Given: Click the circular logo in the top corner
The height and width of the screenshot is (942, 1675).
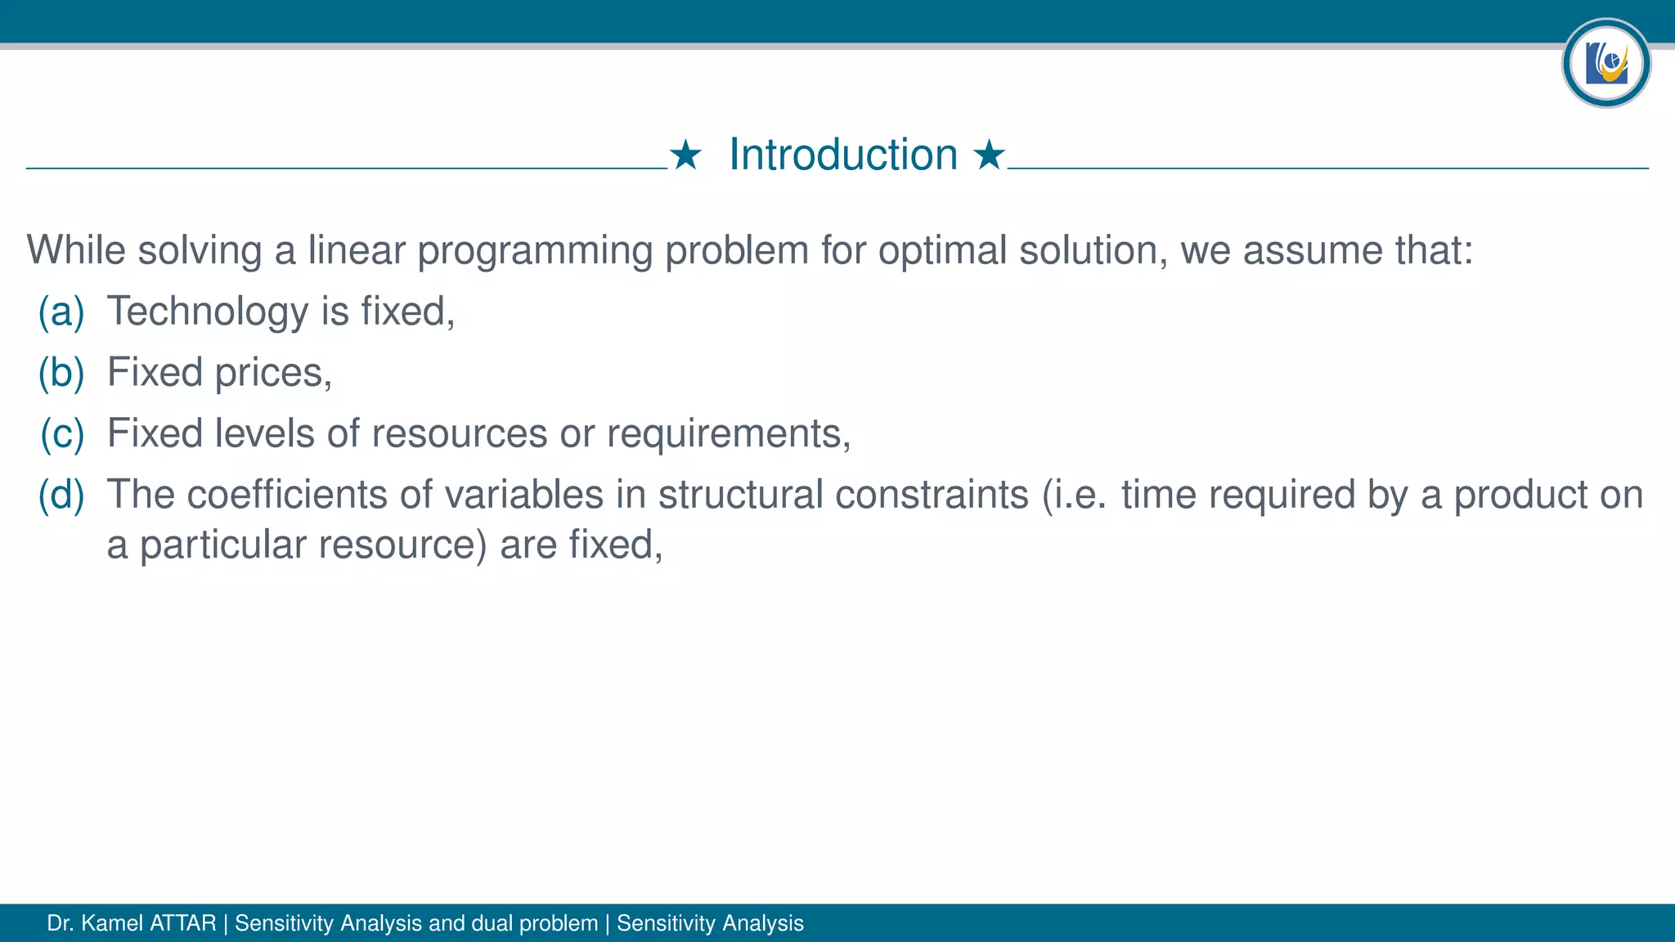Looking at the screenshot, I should pos(1605,63).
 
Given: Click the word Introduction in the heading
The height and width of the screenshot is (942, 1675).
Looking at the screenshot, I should pos(843,155).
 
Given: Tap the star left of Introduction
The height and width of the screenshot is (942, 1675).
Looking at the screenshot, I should pos(685,155).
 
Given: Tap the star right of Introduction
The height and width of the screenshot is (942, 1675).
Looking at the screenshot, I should pos(989,155).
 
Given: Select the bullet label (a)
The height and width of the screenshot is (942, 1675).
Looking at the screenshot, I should pos(61,312).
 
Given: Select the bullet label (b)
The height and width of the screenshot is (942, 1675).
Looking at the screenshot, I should pos(61,373).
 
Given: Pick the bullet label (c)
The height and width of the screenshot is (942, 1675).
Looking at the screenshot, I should pos(62,433).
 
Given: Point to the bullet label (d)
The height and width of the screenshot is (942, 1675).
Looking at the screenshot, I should pos(61,495).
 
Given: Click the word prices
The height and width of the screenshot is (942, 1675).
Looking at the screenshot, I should pos(273,373).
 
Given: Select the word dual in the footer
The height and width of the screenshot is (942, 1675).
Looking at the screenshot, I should pos(491,923).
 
